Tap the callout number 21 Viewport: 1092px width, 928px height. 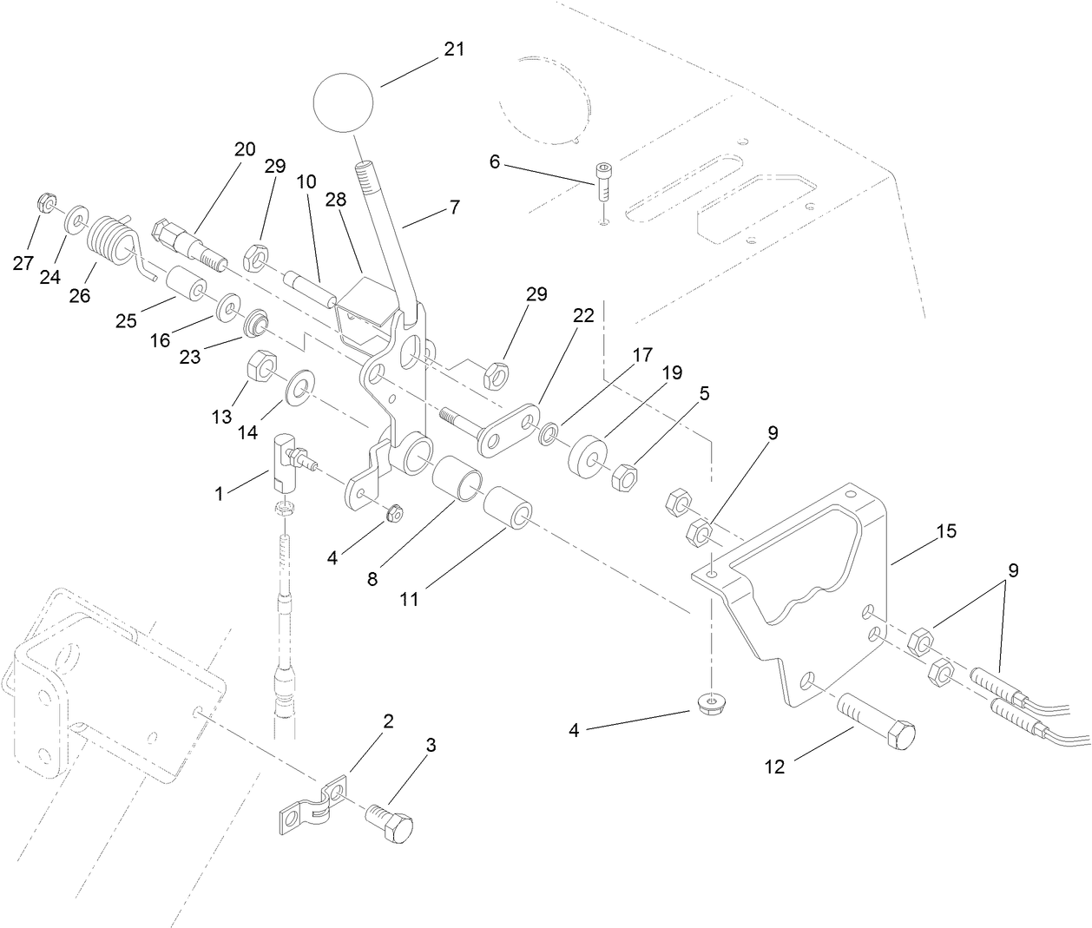tap(454, 49)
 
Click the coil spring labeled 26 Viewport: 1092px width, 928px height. tap(111, 234)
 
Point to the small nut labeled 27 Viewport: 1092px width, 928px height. tap(46, 205)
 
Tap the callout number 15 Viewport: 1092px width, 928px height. tap(946, 530)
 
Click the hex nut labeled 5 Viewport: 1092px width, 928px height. tap(625, 477)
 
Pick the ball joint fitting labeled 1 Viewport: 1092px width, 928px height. tap(287, 460)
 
